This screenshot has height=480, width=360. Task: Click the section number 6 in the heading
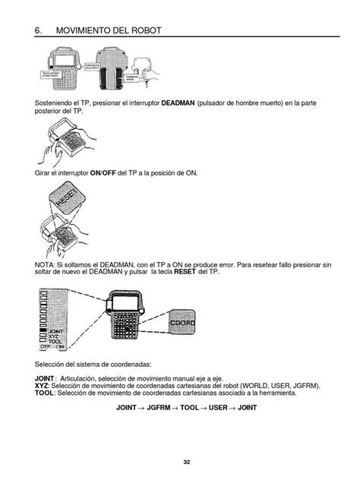37,30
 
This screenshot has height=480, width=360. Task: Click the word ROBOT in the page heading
142,30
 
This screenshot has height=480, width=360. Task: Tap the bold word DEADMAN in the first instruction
177,102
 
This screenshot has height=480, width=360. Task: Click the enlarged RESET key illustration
68,204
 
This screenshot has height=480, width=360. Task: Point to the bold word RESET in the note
185,271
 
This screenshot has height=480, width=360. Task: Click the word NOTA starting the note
46,264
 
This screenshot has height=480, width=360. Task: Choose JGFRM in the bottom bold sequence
158,408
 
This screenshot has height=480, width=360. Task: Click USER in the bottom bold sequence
219,408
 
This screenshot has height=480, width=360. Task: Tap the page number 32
186,463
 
